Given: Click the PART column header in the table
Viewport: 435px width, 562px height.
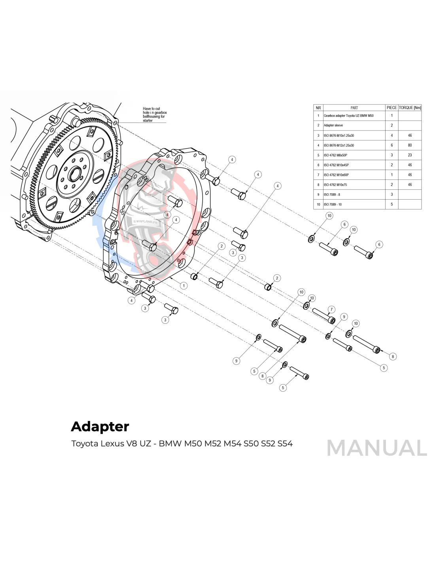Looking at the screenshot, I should pyautogui.click(x=354, y=107).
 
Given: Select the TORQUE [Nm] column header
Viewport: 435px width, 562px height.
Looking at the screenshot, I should pyautogui.click(x=410, y=107).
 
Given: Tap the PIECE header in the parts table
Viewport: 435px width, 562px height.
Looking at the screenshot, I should pyautogui.click(x=391, y=107).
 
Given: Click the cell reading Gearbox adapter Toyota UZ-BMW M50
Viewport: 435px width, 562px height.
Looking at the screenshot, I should pyautogui.click(x=348, y=116).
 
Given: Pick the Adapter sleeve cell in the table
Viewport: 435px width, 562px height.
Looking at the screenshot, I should pyautogui.click(x=333, y=125).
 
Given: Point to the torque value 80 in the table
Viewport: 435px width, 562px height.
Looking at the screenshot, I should pyautogui.click(x=410, y=145).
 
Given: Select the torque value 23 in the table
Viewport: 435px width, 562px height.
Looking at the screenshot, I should pyautogui.click(x=410, y=155).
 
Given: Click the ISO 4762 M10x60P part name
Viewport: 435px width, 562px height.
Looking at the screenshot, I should pyautogui.click(x=336, y=175).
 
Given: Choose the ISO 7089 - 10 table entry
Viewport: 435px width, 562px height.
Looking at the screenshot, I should pyautogui.click(x=333, y=204).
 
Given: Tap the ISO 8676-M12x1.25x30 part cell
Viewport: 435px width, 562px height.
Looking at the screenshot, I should pyautogui.click(x=339, y=145).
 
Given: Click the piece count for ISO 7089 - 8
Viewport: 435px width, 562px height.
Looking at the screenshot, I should pyautogui.click(x=391, y=194).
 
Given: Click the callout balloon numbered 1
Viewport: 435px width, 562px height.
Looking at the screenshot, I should pyautogui.click(x=183, y=285).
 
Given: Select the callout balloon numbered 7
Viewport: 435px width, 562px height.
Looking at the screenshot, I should pyautogui.click(x=331, y=309).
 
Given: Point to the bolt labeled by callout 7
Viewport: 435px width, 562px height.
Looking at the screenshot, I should pyautogui.click(x=323, y=316).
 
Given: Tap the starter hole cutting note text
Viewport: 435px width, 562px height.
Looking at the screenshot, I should pyautogui.click(x=154, y=115).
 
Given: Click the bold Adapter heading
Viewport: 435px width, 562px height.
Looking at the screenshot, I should pyautogui.click(x=100, y=426).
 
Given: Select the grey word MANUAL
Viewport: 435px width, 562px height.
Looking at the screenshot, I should pyautogui.click(x=376, y=448).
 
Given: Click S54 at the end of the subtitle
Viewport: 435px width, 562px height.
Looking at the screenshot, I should pyautogui.click(x=285, y=443).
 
